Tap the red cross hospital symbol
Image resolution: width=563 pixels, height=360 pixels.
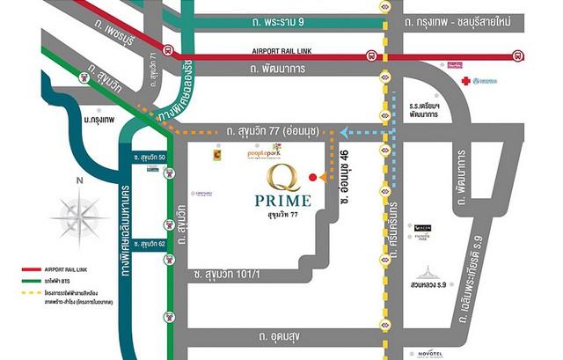point(465,79)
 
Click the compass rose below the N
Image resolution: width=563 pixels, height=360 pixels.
point(80,215)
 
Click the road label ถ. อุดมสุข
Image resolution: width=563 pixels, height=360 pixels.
point(283,336)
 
